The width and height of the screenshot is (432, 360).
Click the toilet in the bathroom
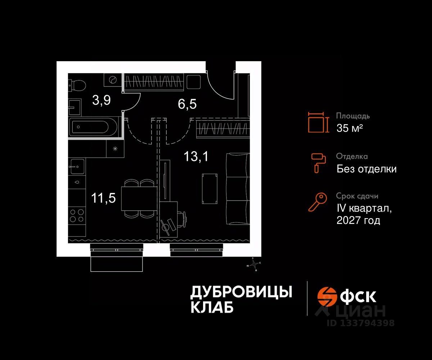pyautogui.click(x=77, y=85)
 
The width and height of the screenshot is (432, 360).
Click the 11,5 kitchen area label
pyautogui.click(x=103, y=198)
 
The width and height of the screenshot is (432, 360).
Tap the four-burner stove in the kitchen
pyautogui.click(x=77, y=215)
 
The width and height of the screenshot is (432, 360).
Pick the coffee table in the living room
pyautogui.click(x=210, y=188)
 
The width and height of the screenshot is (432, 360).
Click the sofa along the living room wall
pyautogui.click(x=238, y=189)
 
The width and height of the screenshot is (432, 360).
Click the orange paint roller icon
pyautogui.click(x=318, y=162)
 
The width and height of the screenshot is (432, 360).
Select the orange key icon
pyautogui.click(x=318, y=202)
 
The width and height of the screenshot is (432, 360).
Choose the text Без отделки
pyautogui.click(x=366, y=169)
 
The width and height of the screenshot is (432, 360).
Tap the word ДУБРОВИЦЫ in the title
pyautogui.click(x=241, y=292)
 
